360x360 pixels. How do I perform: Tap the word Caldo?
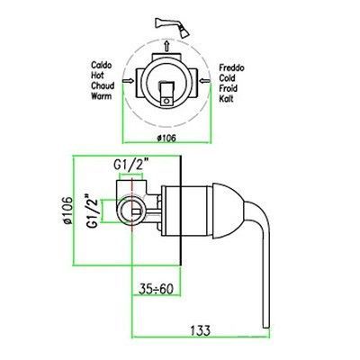click(x=102, y=65)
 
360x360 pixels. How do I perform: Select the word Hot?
click(x=97, y=76)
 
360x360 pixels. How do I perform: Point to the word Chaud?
click(x=103, y=85)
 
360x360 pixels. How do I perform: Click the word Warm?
click(x=102, y=96)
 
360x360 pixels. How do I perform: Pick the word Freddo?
click(x=231, y=67)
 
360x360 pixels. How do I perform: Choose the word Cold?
click(x=227, y=78)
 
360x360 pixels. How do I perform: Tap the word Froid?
click(x=228, y=88)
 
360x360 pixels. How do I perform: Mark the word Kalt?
click(x=226, y=98)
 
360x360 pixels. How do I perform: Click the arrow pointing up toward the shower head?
click(x=166, y=46)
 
